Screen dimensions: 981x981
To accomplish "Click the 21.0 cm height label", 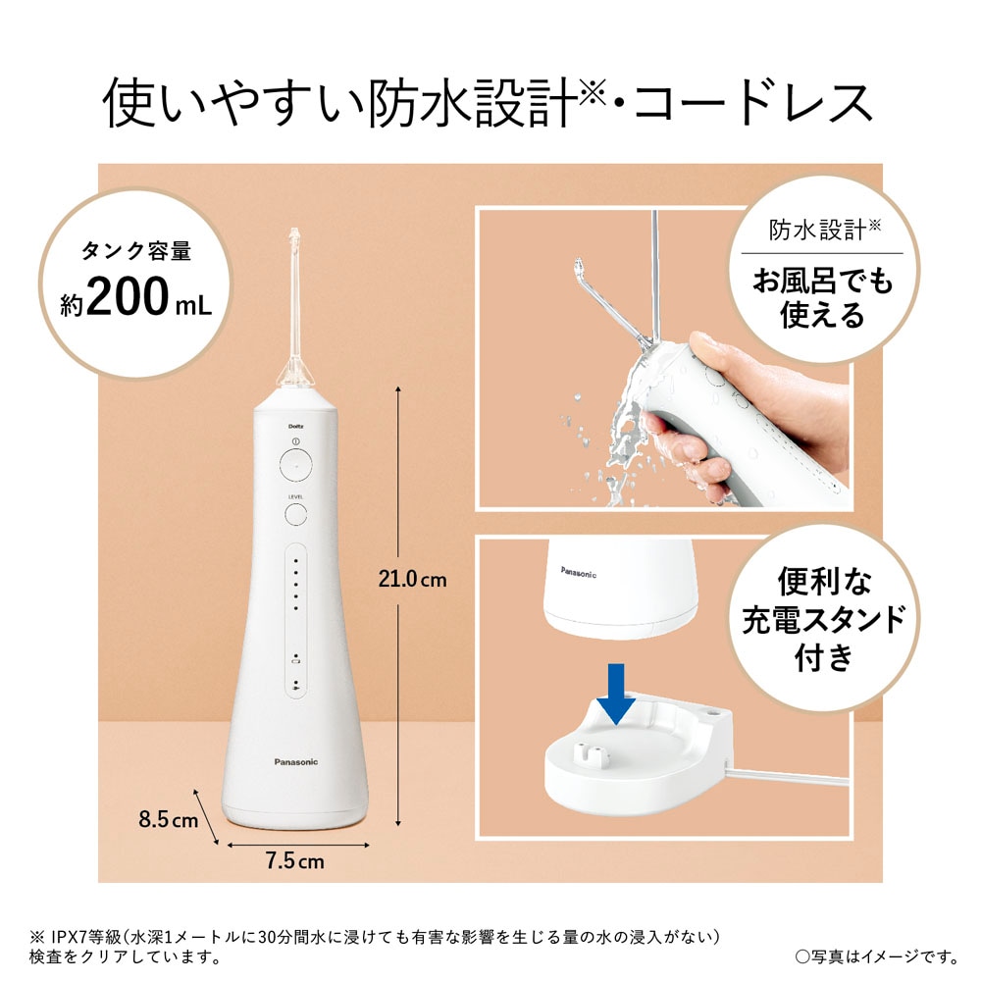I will (x=412, y=580).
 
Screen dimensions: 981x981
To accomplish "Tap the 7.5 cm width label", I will (x=293, y=862).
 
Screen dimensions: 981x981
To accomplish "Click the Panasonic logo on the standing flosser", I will (x=294, y=760).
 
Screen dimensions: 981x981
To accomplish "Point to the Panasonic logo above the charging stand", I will (x=578, y=571).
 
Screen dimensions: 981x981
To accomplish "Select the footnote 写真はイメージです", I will (x=874, y=955).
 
